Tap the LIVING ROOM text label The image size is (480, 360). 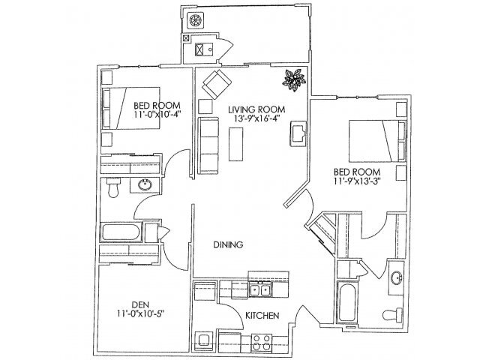tap(253, 108)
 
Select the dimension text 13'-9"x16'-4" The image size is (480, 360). tap(253, 118)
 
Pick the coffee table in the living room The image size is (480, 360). tap(238, 142)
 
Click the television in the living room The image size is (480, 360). tap(298, 133)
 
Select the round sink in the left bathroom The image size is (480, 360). tap(145, 184)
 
